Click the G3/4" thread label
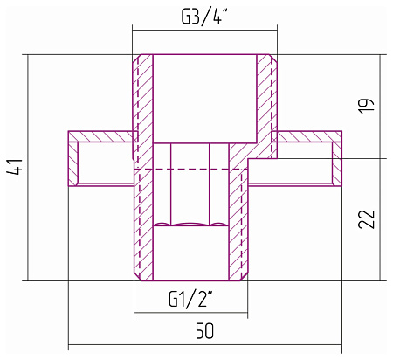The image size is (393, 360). [203, 17]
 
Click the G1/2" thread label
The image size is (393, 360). [190, 298]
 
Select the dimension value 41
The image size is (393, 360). [15, 167]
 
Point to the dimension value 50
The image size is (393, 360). [204, 330]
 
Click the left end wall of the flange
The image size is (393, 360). [73, 163]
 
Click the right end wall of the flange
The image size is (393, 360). [337, 163]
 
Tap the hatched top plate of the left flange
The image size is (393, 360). [103, 136]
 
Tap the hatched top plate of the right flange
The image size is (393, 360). [307, 136]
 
